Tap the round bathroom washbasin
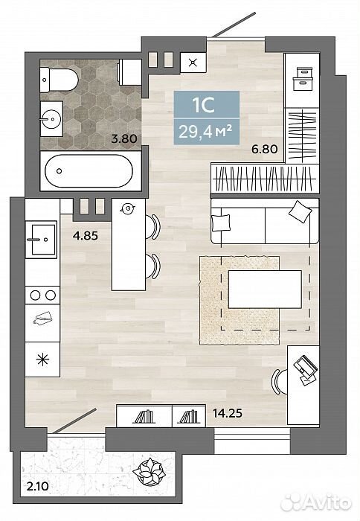(x=51, y=118)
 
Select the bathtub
(x=89, y=170)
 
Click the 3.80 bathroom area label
(x=124, y=138)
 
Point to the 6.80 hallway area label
(x=264, y=149)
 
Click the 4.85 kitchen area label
(x=86, y=236)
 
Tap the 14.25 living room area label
(x=228, y=413)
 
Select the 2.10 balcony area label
(x=37, y=487)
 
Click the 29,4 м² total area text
(x=205, y=132)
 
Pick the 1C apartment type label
(x=205, y=105)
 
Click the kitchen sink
(x=43, y=240)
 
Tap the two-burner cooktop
(x=42, y=295)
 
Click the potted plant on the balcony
(x=149, y=471)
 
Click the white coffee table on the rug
(x=265, y=289)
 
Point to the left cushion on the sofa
(x=221, y=222)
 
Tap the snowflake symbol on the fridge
(x=42, y=359)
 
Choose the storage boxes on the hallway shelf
(x=303, y=78)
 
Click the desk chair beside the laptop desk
(x=279, y=381)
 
